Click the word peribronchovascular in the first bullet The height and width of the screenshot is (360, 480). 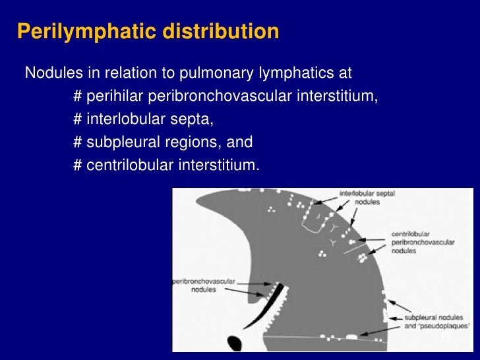218,97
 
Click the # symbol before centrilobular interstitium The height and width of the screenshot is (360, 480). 77,165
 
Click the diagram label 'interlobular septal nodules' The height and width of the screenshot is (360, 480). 367,198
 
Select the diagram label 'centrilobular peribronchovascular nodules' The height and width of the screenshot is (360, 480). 423,243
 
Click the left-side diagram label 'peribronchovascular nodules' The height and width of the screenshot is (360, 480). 200,285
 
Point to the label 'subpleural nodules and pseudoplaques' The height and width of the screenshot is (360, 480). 436,321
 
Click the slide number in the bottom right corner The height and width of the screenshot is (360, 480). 446,336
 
